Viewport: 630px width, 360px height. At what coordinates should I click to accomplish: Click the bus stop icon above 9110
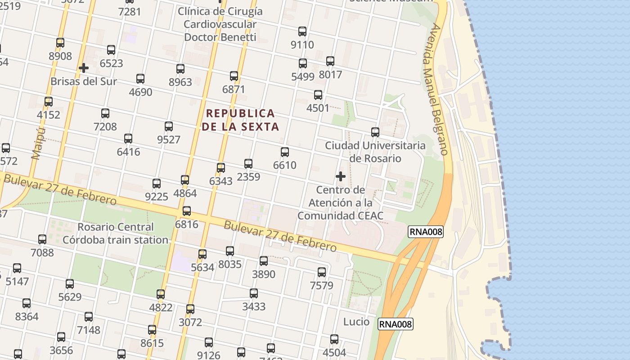pyautogui.click(x=302, y=31)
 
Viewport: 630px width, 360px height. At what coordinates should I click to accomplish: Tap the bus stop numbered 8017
pyautogui.click(x=330, y=61)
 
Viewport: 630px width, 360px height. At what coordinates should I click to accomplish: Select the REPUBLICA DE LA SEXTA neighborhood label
pyautogui.click(x=240, y=120)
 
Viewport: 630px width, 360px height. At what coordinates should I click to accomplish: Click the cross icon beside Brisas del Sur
pyautogui.click(x=83, y=68)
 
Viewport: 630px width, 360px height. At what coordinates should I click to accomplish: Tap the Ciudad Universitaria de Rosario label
pyautogui.click(x=375, y=152)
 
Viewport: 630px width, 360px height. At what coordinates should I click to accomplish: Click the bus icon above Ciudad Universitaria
pyautogui.click(x=375, y=132)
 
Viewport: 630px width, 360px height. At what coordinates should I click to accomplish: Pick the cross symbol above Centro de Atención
pyautogui.click(x=341, y=176)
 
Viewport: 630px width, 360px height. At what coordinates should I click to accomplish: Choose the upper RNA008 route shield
pyautogui.click(x=426, y=232)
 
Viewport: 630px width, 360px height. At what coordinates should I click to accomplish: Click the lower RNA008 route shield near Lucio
pyautogui.click(x=395, y=324)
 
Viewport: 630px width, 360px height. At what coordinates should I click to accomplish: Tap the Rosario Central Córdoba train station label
pyautogui.click(x=115, y=233)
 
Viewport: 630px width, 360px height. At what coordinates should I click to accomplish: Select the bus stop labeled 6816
pyautogui.click(x=187, y=211)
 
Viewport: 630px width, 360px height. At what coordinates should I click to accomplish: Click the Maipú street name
pyautogui.click(x=39, y=143)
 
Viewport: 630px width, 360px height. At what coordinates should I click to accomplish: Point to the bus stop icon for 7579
pyautogui.click(x=322, y=272)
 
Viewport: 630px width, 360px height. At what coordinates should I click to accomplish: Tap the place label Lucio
pyautogui.click(x=356, y=322)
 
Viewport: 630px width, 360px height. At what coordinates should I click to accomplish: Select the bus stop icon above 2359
pyautogui.click(x=248, y=164)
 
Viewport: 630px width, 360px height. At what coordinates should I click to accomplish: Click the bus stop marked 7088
pyautogui.click(x=42, y=239)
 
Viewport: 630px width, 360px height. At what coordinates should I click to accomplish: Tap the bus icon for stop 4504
pyautogui.click(x=334, y=339)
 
